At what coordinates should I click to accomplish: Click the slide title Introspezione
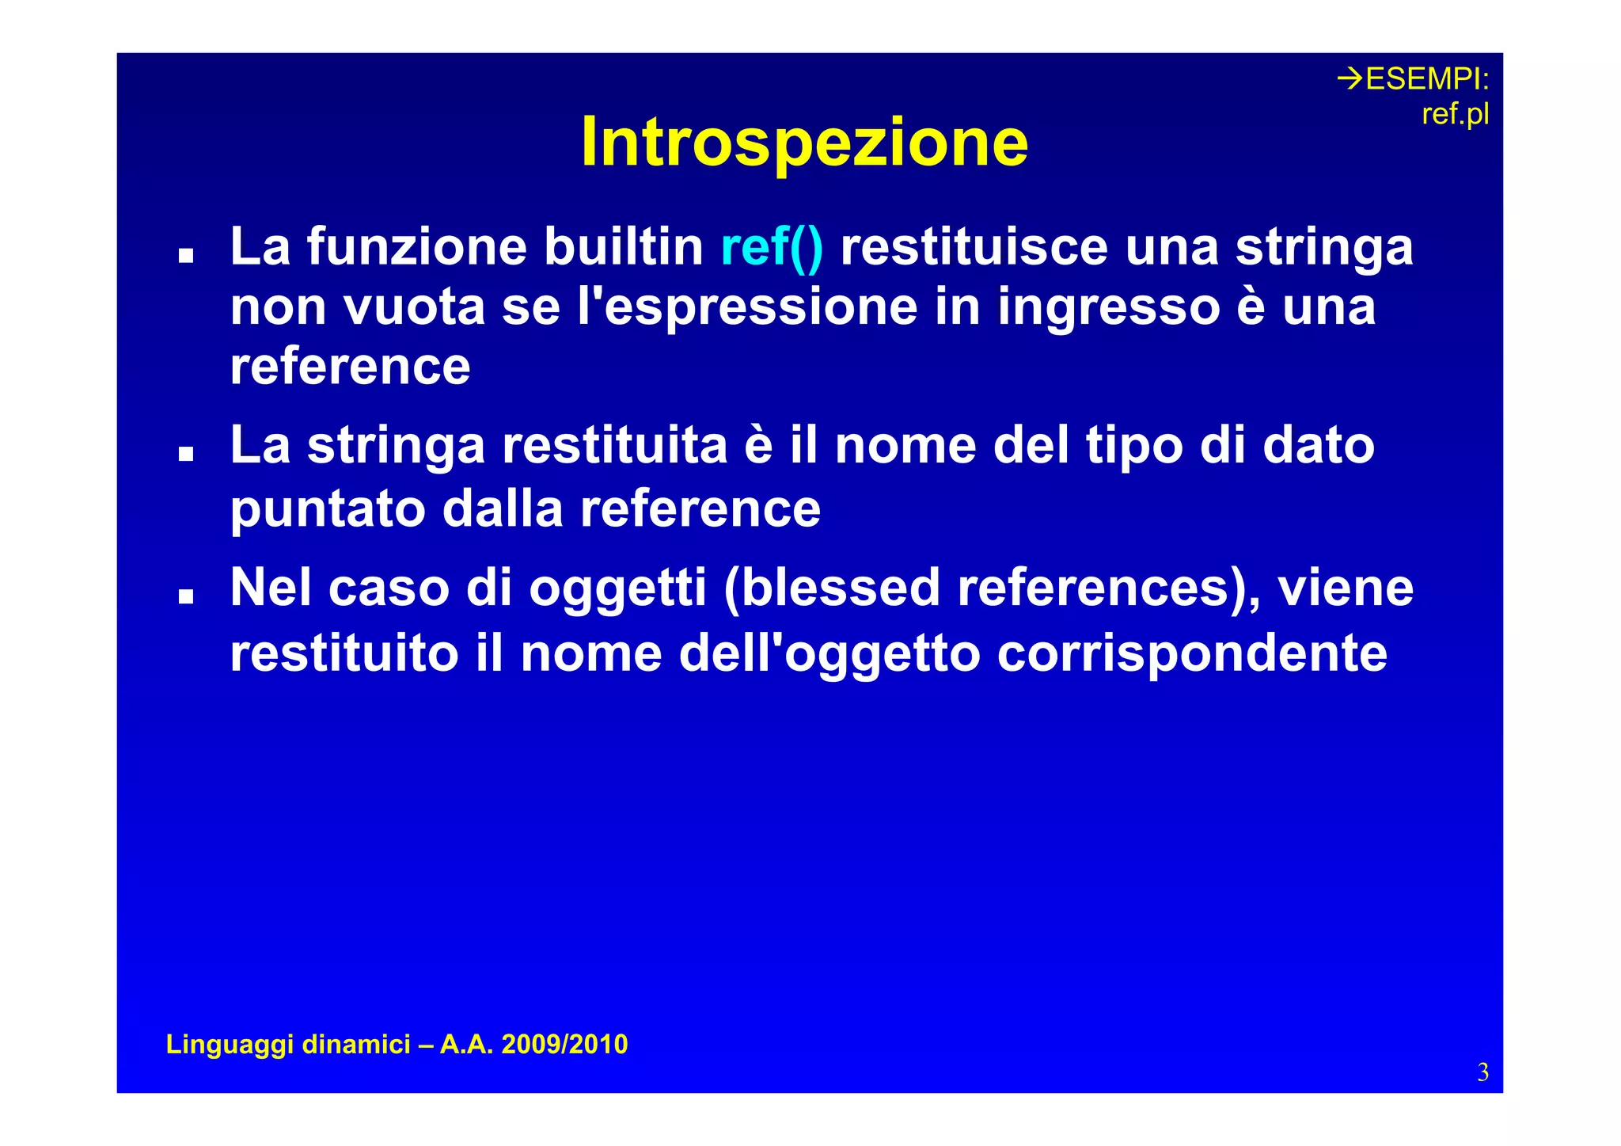point(804,143)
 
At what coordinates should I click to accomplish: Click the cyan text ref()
point(772,247)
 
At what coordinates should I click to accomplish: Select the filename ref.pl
point(1455,115)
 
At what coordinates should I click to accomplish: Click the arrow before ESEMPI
point(1350,78)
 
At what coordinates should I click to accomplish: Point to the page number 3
point(1482,1072)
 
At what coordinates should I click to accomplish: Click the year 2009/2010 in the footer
point(564,1045)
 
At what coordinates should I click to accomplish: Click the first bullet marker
point(186,255)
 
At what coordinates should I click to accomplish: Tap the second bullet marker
point(186,454)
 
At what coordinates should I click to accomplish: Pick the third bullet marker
point(186,596)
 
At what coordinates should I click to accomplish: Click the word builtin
point(623,247)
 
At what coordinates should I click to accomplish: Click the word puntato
point(328,508)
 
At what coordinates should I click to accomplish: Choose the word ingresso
point(1108,306)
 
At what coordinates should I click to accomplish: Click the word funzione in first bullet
point(416,247)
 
